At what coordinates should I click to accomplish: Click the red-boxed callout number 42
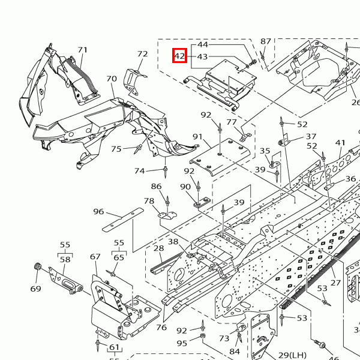[179, 56]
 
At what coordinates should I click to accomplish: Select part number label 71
[82, 50]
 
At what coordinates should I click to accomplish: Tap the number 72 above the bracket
[142, 54]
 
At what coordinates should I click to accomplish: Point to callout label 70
[112, 79]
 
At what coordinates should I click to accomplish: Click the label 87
[266, 41]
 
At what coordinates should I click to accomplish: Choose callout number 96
[98, 212]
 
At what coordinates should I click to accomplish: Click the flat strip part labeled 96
[123, 218]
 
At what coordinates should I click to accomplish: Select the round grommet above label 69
[38, 266]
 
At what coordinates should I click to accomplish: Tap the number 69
[35, 289]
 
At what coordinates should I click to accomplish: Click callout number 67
[95, 257]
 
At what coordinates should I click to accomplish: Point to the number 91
[197, 137]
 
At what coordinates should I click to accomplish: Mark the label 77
[232, 122]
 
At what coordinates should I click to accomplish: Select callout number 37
[311, 137]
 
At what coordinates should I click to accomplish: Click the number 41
[341, 143]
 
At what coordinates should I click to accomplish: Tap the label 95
[181, 343]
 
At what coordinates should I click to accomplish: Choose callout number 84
[235, 352]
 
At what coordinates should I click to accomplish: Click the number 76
[161, 327]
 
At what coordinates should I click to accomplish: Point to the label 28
[158, 248]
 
